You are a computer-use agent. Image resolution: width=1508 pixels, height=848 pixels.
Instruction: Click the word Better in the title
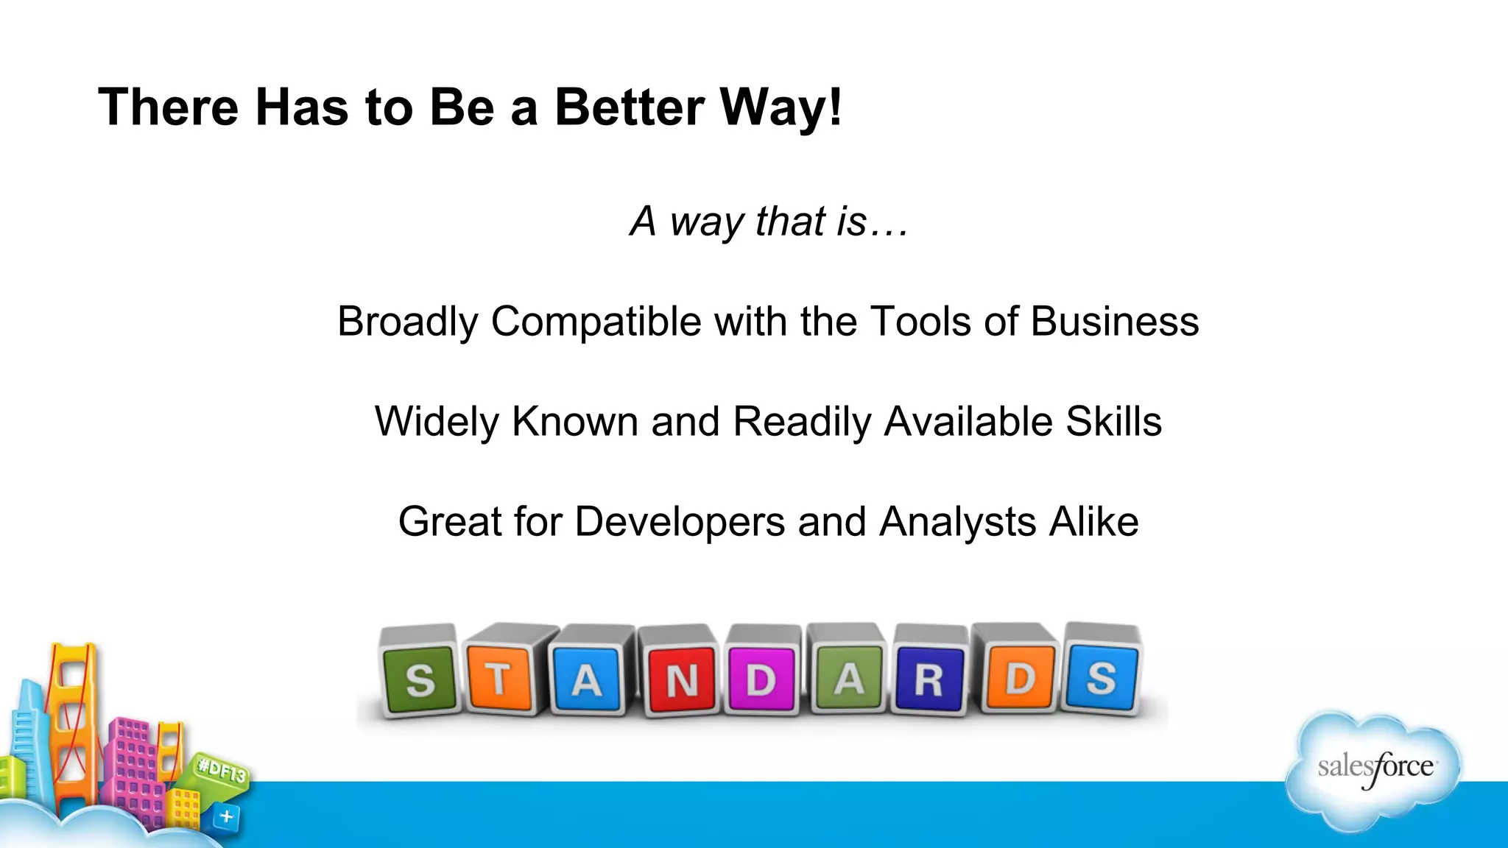630,107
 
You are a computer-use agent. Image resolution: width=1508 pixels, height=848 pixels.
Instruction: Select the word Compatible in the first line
596,322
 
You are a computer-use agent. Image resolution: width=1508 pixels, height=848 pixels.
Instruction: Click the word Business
1114,322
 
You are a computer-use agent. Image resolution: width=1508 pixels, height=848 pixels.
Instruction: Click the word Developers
680,522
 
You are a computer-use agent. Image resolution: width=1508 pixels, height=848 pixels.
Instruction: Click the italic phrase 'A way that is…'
769,221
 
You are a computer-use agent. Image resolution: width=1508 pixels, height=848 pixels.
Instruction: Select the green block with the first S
420,679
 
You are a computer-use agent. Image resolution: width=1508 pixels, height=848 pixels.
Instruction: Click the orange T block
500,678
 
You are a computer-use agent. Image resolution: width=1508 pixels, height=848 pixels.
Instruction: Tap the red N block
682,680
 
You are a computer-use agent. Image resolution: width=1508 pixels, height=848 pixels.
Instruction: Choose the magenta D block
761,679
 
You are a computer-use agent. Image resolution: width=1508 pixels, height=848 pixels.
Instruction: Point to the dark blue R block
929,679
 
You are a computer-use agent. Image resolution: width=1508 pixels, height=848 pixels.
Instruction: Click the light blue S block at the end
1102,677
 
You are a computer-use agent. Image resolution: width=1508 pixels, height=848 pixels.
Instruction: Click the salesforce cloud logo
1374,769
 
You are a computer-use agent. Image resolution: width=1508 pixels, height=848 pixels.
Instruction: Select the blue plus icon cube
226,816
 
